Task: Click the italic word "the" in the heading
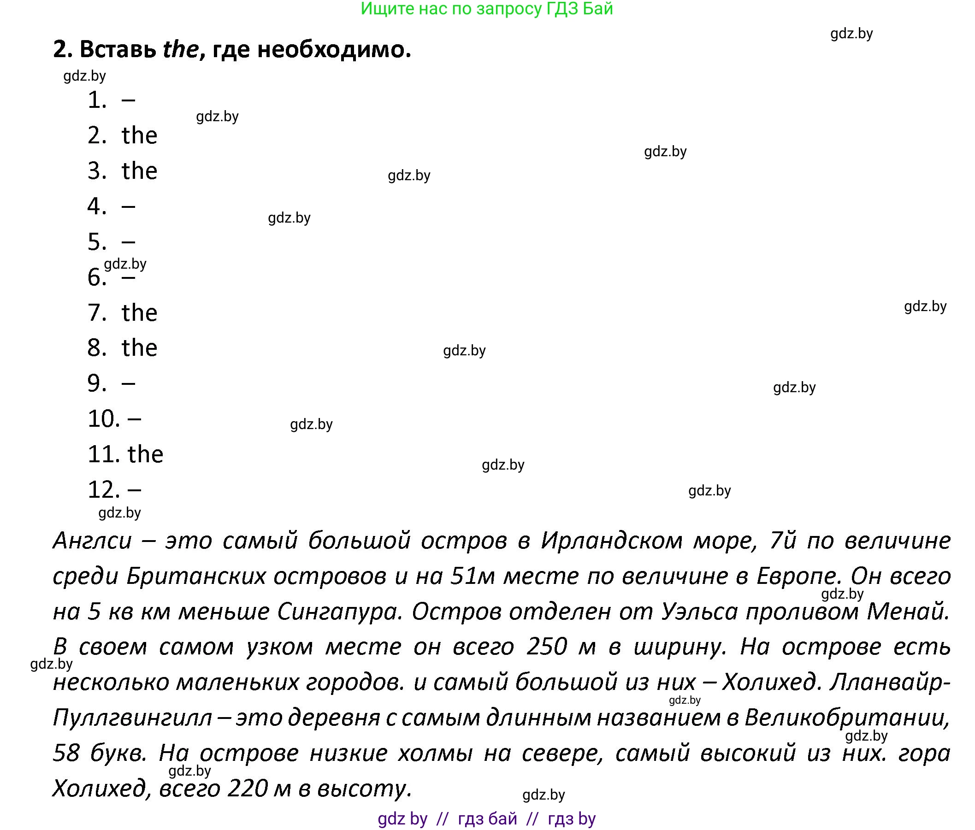point(181,49)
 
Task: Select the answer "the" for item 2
point(139,135)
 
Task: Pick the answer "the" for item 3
point(139,171)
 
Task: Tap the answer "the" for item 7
point(139,313)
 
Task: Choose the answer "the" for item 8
point(139,348)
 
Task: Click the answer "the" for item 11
point(145,454)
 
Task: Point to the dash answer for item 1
point(129,100)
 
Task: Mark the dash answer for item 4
point(129,206)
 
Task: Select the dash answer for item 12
point(134,490)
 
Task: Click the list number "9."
point(97,383)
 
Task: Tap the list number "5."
point(97,242)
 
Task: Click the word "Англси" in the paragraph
point(92,541)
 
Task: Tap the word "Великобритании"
point(846,718)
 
